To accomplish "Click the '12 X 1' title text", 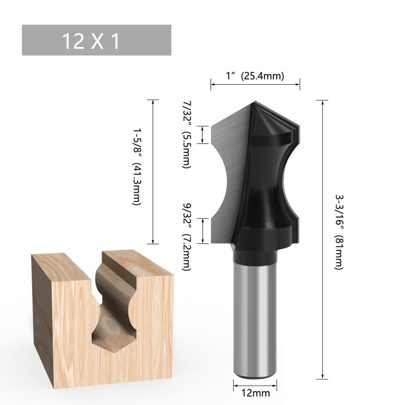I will pyautogui.click(x=91, y=41).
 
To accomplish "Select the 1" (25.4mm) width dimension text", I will pyautogui.click(x=255, y=76).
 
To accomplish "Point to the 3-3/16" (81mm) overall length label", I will pyautogui.click(x=339, y=231).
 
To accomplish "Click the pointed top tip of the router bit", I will pyautogui.click(x=255, y=102).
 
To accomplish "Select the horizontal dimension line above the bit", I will pyautogui.click(x=255, y=84).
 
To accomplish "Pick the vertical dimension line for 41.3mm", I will pyautogui.click(x=153, y=172).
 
